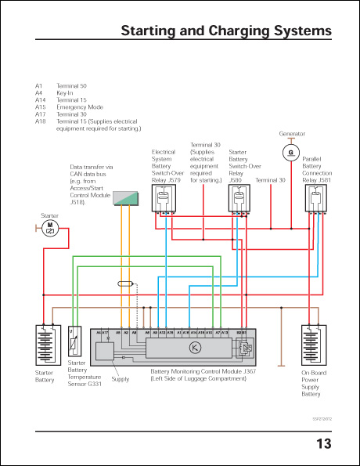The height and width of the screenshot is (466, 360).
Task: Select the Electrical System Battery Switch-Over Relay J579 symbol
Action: coord(167,199)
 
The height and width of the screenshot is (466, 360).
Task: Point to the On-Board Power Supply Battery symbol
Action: coord(317,345)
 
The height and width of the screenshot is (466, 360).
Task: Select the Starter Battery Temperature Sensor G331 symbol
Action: coord(75,342)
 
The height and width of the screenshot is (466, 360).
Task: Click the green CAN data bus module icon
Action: coord(125,198)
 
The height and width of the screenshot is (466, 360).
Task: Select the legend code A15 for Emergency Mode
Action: coord(41,107)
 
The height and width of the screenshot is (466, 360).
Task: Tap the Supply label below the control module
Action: coord(121,379)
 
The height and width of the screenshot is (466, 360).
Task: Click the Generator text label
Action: coord(291,134)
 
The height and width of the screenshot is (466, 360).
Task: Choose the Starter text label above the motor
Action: coord(49,215)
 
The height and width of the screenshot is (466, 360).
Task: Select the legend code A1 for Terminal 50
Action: coord(39,86)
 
